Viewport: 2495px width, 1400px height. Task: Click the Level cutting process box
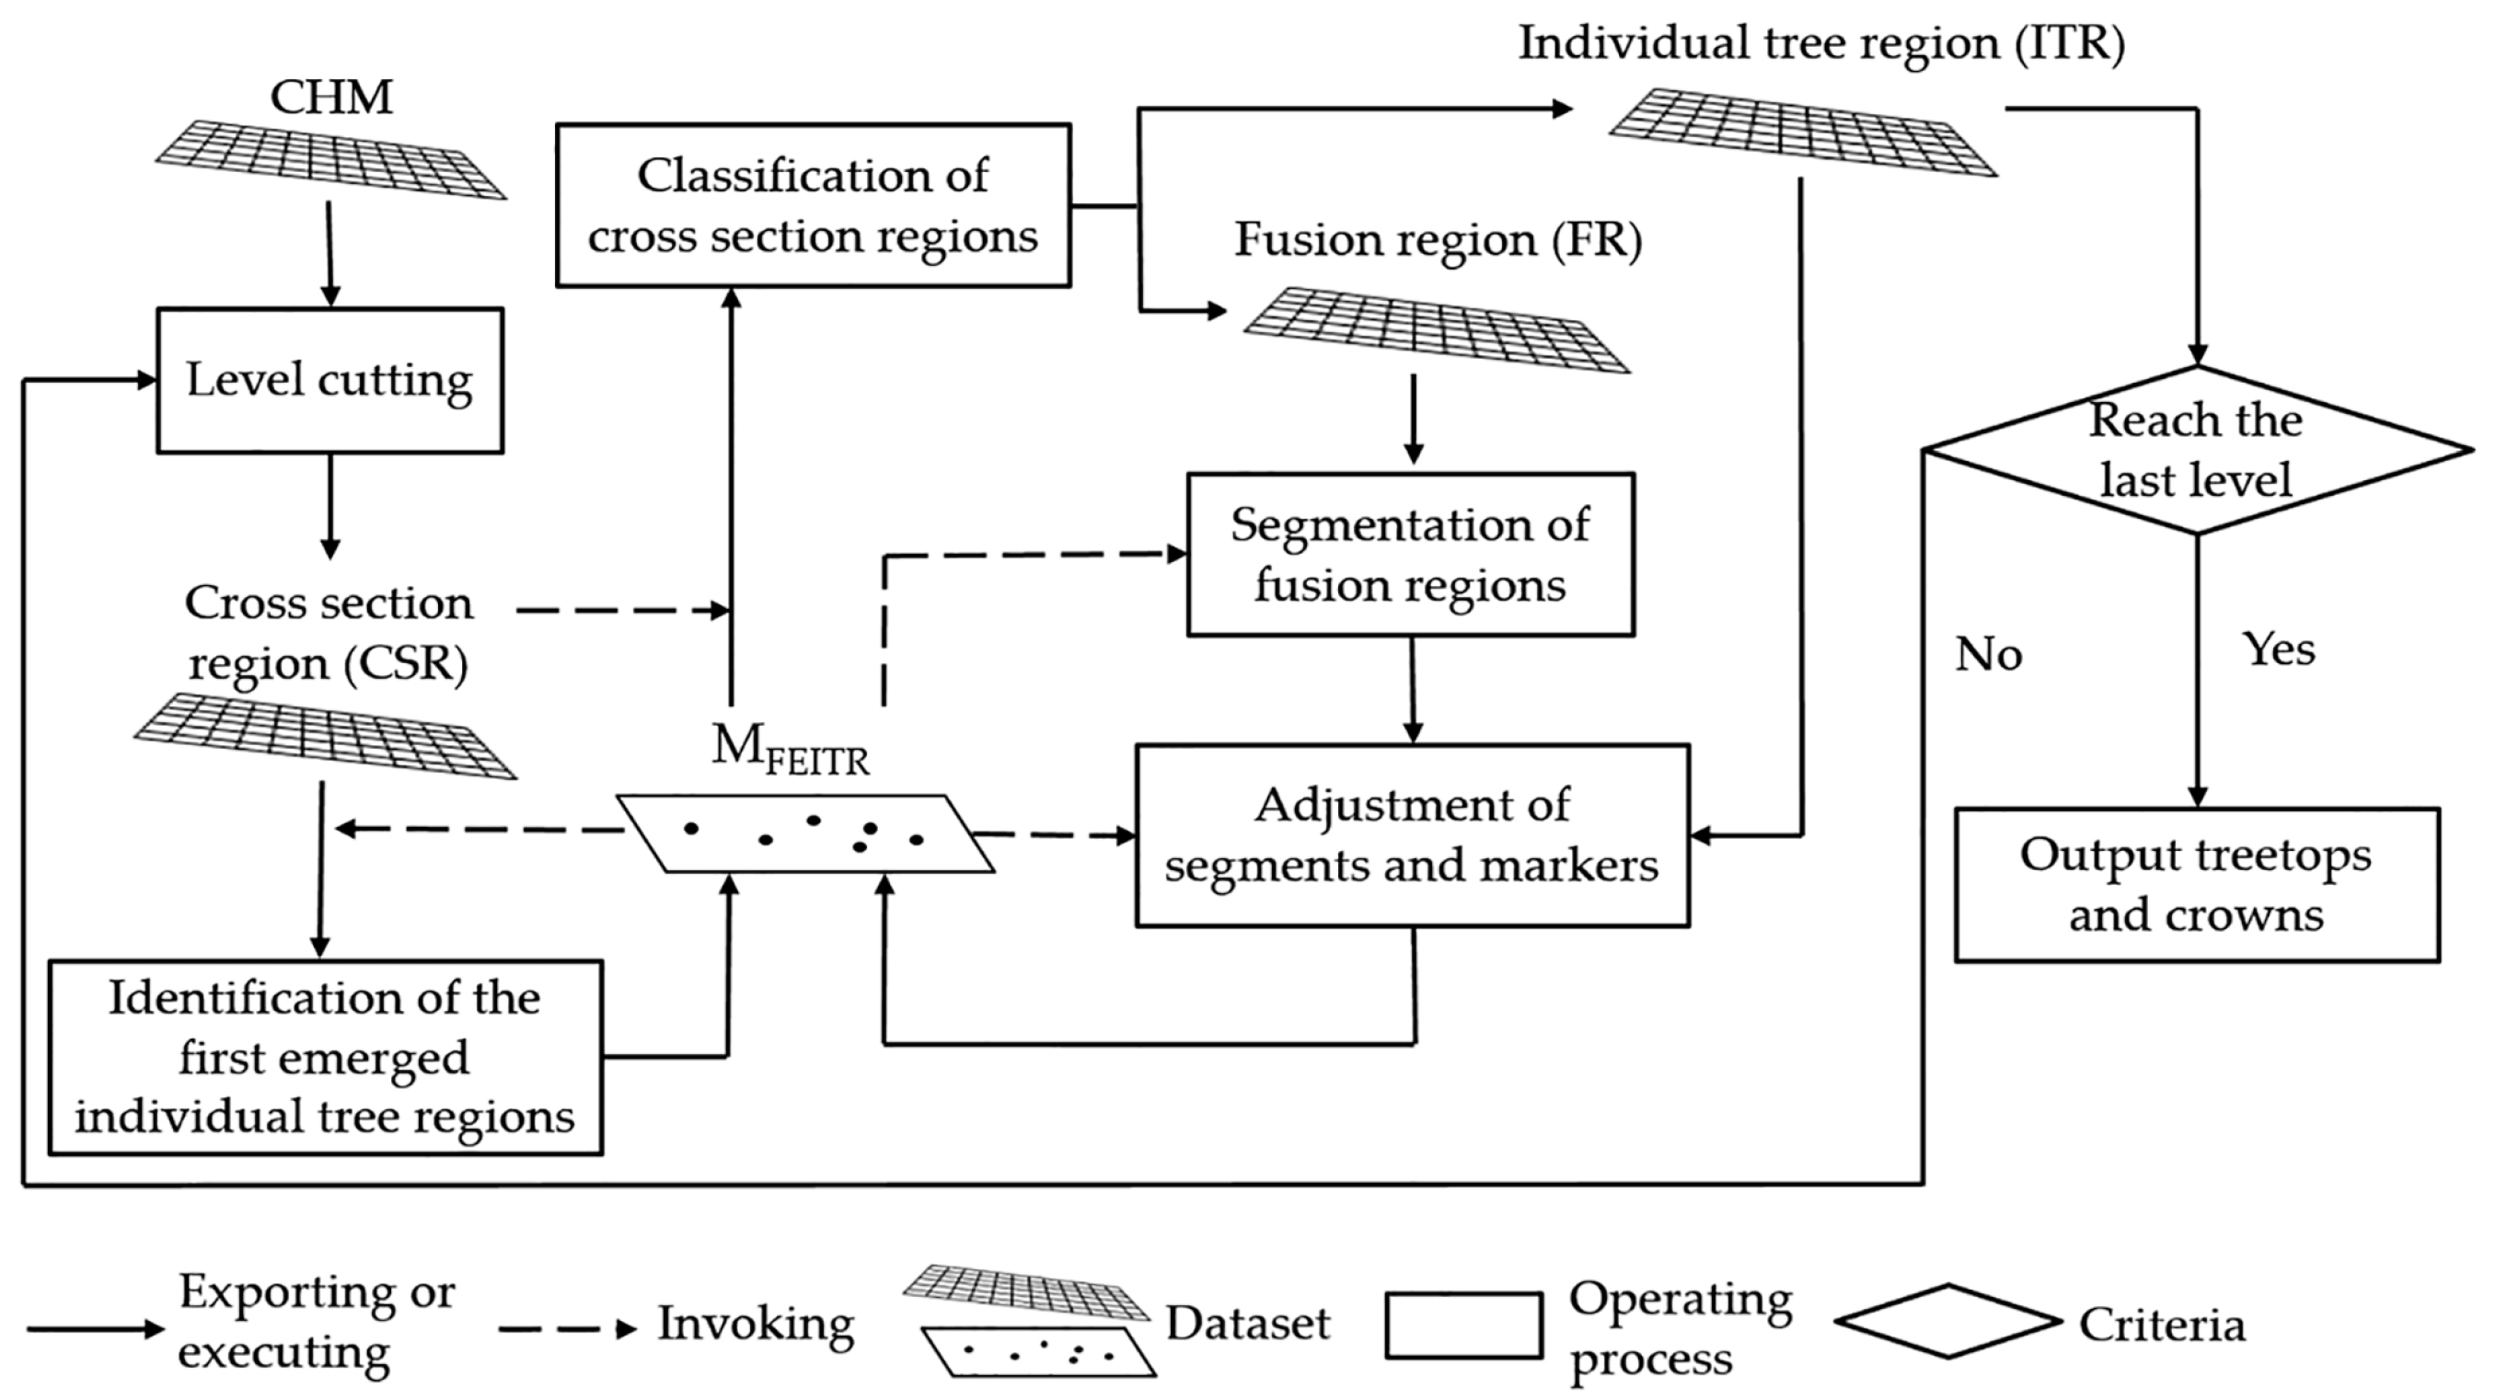pyautogui.click(x=329, y=381)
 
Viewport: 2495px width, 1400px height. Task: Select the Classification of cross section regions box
pyautogui.click(x=813, y=205)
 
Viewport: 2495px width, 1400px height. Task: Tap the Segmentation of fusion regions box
pyautogui.click(x=1410, y=555)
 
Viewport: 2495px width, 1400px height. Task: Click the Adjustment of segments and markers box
pyautogui.click(x=1411, y=835)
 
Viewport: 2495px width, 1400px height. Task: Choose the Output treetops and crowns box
pyautogui.click(x=2196, y=885)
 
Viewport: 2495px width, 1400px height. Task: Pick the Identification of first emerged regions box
pyautogui.click(x=326, y=1057)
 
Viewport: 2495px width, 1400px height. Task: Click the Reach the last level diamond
pyautogui.click(x=2196, y=450)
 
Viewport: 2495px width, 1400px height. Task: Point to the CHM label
pyautogui.click(x=331, y=97)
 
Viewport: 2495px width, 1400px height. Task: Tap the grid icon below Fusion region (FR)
pyautogui.click(x=1437, y=329)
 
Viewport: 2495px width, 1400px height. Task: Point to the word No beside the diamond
pyautogui.click(x=1989, y=655)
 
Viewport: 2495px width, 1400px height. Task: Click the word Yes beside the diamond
pyautogui.click(x=2278, y=648)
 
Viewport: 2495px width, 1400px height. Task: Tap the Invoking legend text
pyautogui.click(x=756, y=1324)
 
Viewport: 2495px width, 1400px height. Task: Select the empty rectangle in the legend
pyautogui.click(x=1463, y=1325)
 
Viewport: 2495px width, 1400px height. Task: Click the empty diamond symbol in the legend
pyautogui.click(x=1946, y=1322)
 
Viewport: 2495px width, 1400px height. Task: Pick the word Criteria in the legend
pyautogui.click(x=2161, y=1325)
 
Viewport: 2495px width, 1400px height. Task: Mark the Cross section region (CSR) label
pyautogui.click(x=329, y=633)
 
